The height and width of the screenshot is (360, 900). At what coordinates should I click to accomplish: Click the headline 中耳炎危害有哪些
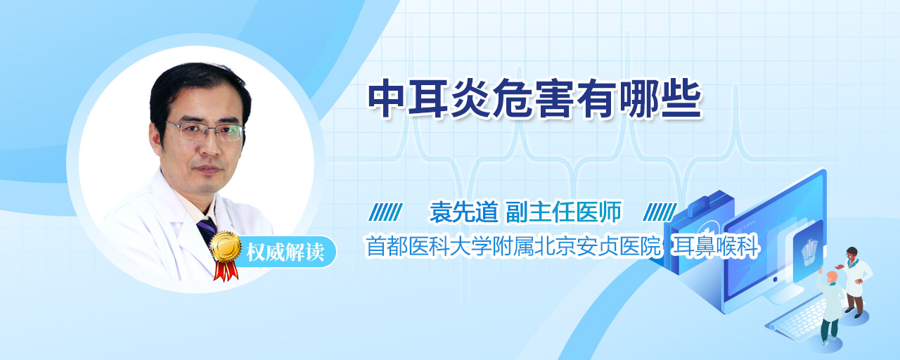coord(535,98)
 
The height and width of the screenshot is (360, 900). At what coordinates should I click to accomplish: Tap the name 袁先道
coord(463,212)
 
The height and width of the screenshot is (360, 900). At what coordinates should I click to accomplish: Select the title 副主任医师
coord(563,212)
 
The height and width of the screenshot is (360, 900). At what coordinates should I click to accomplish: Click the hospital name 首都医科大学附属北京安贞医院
coord(513,246)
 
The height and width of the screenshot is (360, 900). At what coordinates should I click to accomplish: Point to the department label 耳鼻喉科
coord(715,246)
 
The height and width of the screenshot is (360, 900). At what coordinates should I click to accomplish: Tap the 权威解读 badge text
coord(285,252)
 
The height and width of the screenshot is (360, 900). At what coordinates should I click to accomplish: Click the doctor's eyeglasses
coord(205,131)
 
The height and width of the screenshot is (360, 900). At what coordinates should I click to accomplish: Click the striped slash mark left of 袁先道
coord(386,212)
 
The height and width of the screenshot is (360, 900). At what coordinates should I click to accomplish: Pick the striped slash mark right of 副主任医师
coord(660,212)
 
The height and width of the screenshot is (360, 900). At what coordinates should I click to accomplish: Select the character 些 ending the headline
coord(681,98)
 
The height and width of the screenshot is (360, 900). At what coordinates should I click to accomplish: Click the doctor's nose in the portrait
coord(210,146)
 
